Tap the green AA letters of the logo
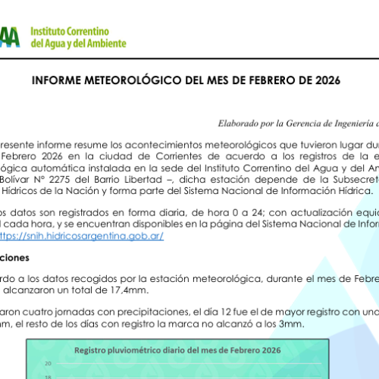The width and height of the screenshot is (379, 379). [x=9, y=36]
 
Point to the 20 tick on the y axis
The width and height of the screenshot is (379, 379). [x=47, y=362]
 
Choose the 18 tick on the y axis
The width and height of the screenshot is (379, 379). [x=47, y=374]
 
